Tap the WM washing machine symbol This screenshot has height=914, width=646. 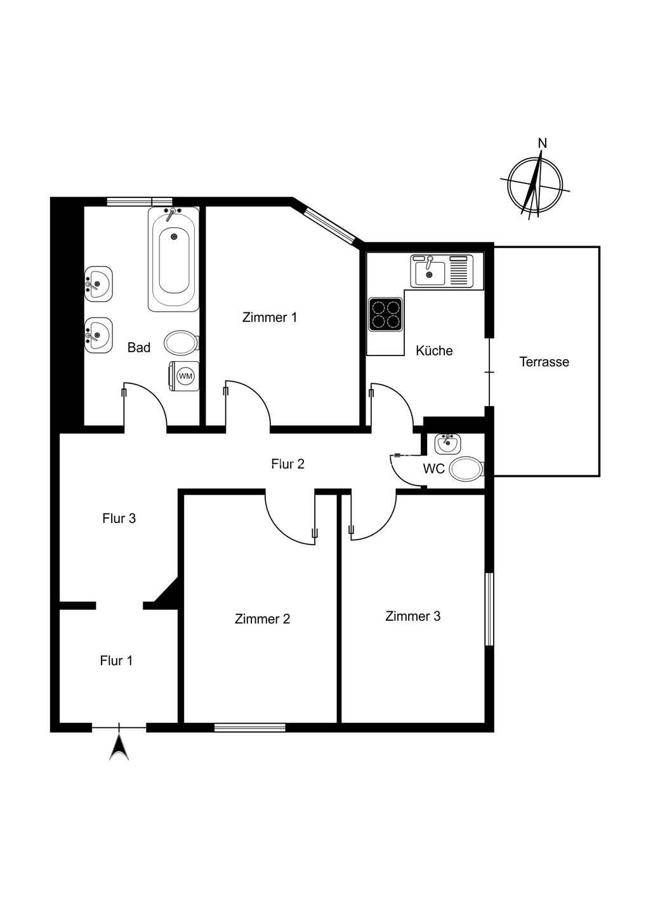(x=185, y=376)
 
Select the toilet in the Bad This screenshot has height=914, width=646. (x=180, y=343)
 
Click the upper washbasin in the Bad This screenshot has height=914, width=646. (x=98, y=282)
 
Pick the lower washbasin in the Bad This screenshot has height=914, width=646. (x=98, y=333)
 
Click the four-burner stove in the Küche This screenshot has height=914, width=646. (x=386, y=315)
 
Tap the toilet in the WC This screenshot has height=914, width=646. (x=465, y=470)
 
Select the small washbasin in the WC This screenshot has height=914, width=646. (x=447, y=443)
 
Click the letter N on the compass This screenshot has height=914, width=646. (x=542, y=143)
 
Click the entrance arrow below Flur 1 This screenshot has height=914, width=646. (x=119, y=746)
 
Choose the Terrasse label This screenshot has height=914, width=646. (x=544, y=362)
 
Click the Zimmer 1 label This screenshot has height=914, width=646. (x=270, y=317)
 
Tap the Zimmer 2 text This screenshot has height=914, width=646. (x=262, y=619)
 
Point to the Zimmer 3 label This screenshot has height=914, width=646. (x=412, y=616)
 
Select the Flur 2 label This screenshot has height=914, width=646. (x=287, y=464)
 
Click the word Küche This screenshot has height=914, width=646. (x=434, y=350)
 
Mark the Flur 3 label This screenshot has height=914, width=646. (x=119, y=519)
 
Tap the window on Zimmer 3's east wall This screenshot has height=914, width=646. (x=489, y=609)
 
